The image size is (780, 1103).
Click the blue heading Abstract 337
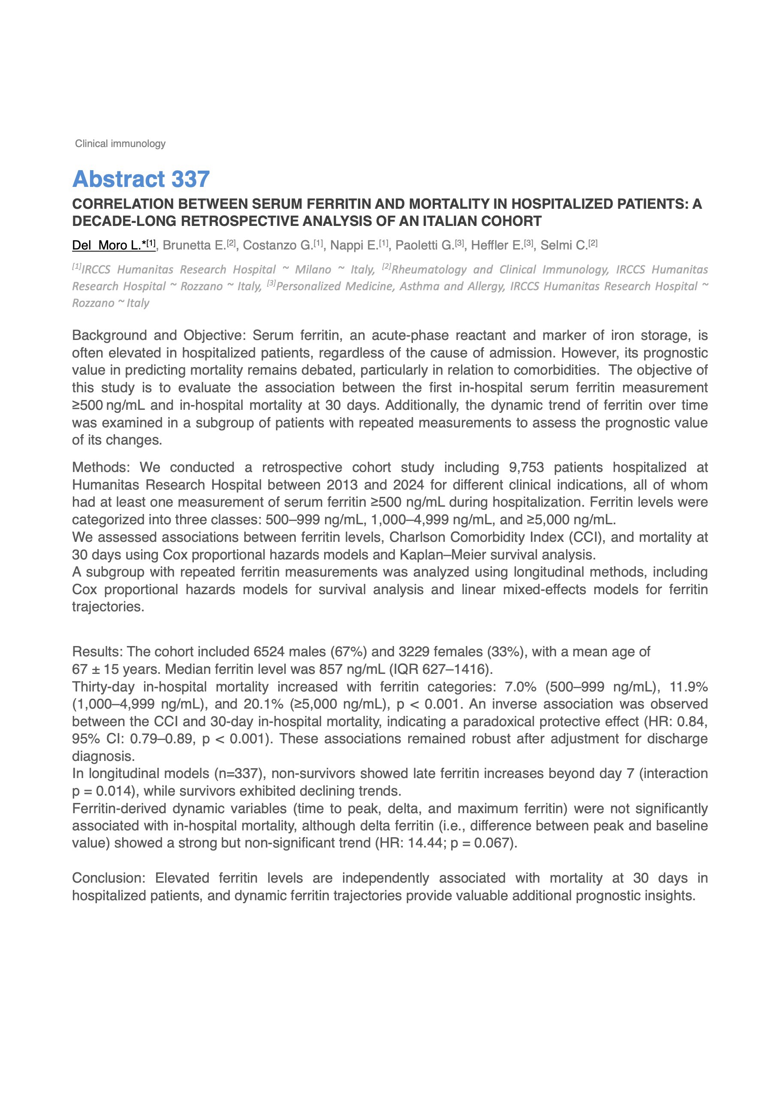(141, 179)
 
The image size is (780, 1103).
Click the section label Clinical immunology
(120, 144)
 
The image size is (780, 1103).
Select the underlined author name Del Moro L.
(107, 246)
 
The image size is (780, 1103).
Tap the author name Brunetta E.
(194, 246)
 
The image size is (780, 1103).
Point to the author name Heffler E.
(497, 246)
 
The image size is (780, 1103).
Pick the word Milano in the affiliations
(313, 270)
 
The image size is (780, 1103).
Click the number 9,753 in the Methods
(526, 467)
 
